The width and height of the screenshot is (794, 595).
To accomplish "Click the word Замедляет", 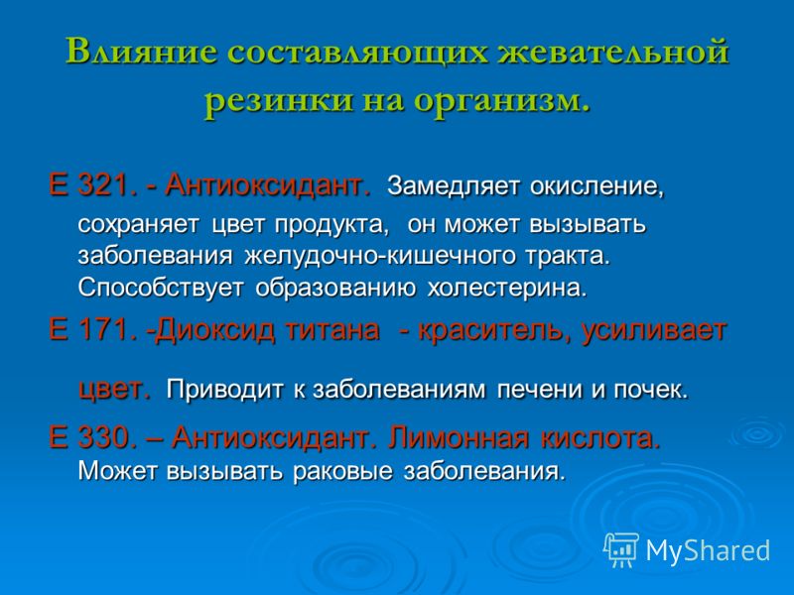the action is click(x=454, y=186).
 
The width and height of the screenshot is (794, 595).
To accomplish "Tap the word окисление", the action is click(x=597, y=186).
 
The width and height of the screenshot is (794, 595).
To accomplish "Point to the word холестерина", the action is click(x=507, y=289).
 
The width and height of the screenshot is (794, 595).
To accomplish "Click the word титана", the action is click(x=332, y=330).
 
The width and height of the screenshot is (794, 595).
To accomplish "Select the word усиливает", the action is click(x=654, y=331).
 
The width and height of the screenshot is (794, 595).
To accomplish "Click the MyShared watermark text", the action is click(x=708, y=550).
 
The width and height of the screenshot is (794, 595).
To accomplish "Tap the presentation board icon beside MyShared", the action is click(x=621, y=549).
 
